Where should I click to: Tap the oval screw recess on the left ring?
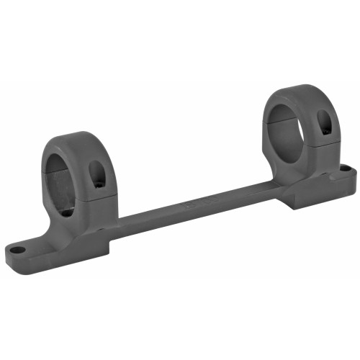(96, 174)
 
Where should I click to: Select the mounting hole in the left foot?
(16, 251)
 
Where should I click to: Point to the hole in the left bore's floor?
(66, 212)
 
